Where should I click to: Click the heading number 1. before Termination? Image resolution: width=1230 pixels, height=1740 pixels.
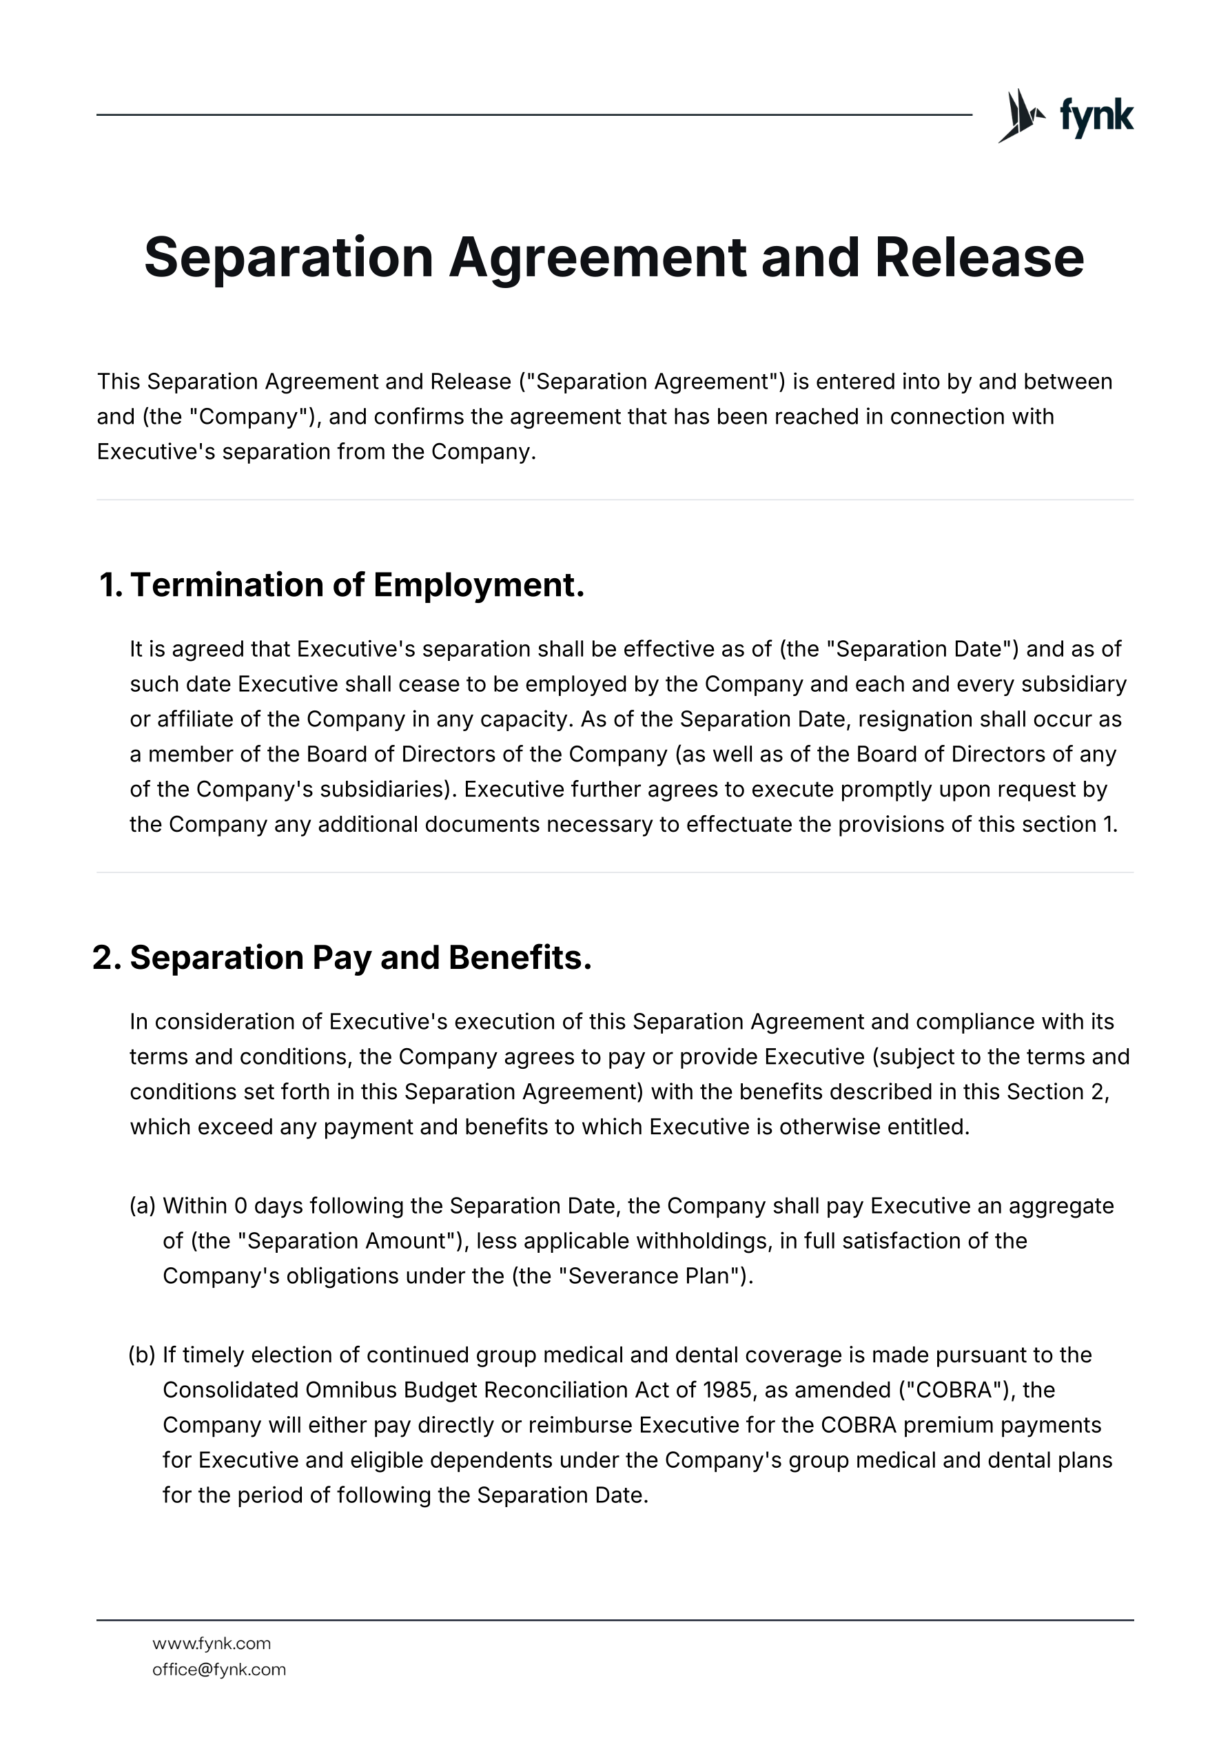coord(111,585)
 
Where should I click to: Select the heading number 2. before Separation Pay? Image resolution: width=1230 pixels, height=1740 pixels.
coord(107,958)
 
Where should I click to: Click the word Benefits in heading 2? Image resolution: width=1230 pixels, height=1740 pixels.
coord(520,958)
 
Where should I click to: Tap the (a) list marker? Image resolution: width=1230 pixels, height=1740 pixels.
coord(143,1206)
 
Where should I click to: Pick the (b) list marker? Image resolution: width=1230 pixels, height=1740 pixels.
coord(143,1355)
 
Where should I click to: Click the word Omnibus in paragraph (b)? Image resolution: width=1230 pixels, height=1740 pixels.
coord(350,1390)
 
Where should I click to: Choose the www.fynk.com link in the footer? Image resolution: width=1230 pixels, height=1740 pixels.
coord(212,1644)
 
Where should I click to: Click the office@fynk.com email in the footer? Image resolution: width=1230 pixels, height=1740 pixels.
coord(219,1670)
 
